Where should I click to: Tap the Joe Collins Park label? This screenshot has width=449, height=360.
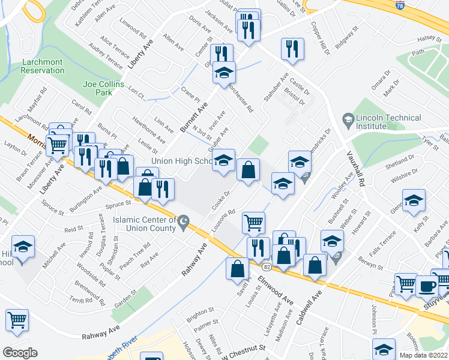98,89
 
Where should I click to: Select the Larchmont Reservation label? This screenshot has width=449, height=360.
42,66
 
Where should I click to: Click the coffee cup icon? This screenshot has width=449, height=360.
427,286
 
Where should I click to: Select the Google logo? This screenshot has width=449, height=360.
20,353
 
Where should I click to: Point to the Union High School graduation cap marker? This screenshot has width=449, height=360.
223,160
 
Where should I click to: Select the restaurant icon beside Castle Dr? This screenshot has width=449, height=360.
292,49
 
